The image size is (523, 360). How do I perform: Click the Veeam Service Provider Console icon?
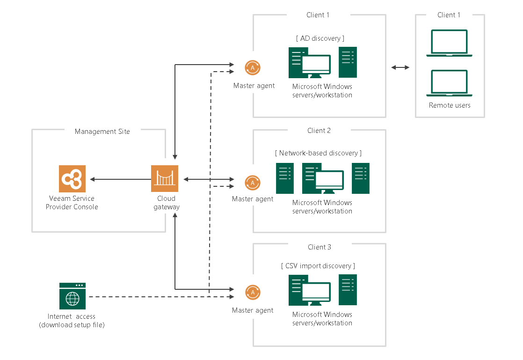(73, 178)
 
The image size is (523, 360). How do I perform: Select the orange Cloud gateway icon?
(165, 178)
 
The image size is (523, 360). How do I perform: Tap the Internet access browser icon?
(73, 296)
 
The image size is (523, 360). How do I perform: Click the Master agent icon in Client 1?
(253, 68)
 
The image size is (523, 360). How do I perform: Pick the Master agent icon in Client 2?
(253, 183)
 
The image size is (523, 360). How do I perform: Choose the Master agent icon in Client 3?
(253, 293)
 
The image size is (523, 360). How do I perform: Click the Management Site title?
(102, 132)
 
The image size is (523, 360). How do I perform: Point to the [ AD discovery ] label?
(320, 38)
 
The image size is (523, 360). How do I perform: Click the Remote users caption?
(450, 105)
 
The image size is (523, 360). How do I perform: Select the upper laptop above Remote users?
(449, 43)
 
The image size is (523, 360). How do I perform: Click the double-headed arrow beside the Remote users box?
(400, 67)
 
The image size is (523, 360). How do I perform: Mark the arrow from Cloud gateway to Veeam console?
(120, 179)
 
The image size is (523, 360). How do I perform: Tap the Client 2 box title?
(319, 131)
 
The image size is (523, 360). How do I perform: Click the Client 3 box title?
(319, 247)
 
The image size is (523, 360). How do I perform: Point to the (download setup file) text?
(72, 325)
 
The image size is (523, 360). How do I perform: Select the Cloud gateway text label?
(167, 203)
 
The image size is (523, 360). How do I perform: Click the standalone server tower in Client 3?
(348, 290)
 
